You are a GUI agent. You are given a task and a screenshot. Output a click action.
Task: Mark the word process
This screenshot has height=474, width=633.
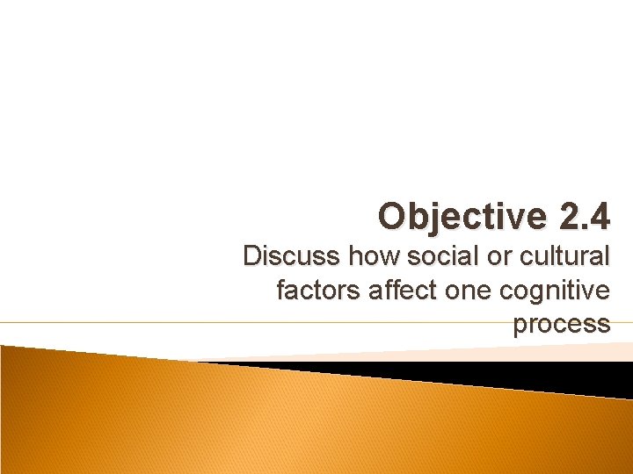coord(561,323)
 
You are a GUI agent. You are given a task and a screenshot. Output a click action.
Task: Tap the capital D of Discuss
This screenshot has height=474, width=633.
coord(253,256)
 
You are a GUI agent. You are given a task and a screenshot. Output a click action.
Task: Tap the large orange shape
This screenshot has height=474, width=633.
coord(264,421)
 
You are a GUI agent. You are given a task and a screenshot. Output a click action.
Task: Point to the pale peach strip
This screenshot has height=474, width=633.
coord(396,352)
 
